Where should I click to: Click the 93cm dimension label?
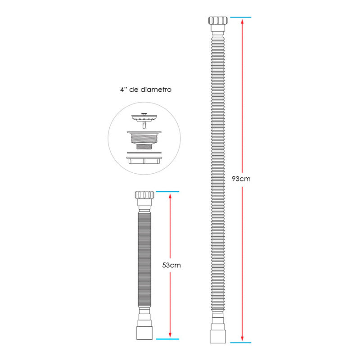[x=241, y=179]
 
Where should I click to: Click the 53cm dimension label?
[x=171, y=265]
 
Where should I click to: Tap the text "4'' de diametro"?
[x=146, y=90]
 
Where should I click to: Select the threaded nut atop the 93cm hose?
[x=218, y=20]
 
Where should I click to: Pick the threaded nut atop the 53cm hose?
[x=144, y=195]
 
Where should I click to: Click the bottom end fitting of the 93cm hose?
[x=218, y=337]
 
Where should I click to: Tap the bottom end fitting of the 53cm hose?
[x=144, y=333]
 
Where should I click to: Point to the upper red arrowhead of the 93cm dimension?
[x=242, y=21]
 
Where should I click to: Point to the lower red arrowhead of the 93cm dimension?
[x=242, y=339]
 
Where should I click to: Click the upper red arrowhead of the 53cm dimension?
[x=170, y=196]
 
